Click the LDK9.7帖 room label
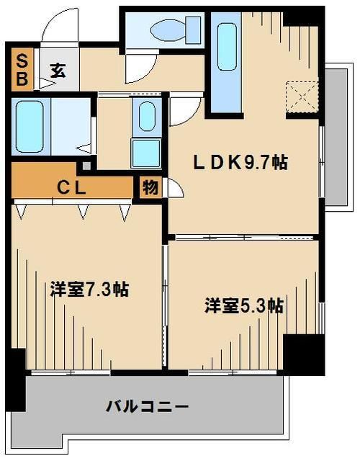click(x=241, y=163)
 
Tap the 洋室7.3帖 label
click(x=89, y=290)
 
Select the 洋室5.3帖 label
click(x=243, y=305)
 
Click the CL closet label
click(x=72, y=189)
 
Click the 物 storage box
click(x=150, y=189)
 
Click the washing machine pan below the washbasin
click(x=147, y=153)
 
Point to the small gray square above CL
click(x=87, y=166)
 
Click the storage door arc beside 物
click(x=174, y=191)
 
